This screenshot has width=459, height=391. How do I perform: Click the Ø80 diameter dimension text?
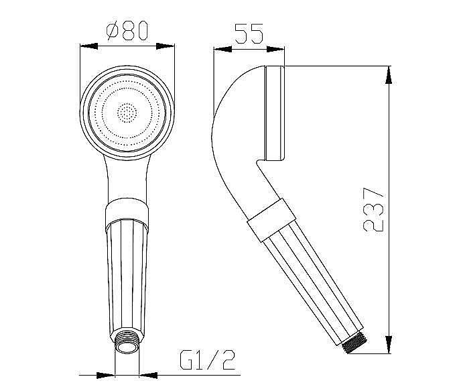click(127, 30)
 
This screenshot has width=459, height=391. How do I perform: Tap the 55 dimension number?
click(249, 34)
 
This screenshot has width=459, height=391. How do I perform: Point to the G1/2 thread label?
click(207, 359)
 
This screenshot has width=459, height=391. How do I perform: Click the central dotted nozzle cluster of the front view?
click(127, 113)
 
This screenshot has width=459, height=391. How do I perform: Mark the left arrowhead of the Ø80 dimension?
click(88, 46)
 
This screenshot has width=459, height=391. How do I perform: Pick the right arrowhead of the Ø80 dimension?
click(166, 46)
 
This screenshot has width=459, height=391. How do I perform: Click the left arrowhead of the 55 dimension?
click(223, 49)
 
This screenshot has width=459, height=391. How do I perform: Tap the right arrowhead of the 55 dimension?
click(275, 49)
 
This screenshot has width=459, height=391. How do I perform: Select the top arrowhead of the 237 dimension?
click(389, 75)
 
